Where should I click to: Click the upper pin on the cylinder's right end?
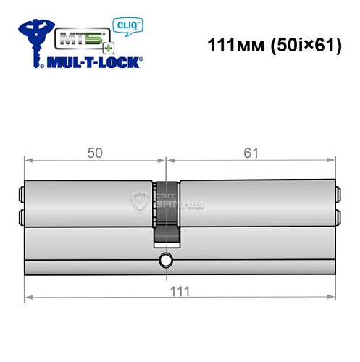coord(338,194)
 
